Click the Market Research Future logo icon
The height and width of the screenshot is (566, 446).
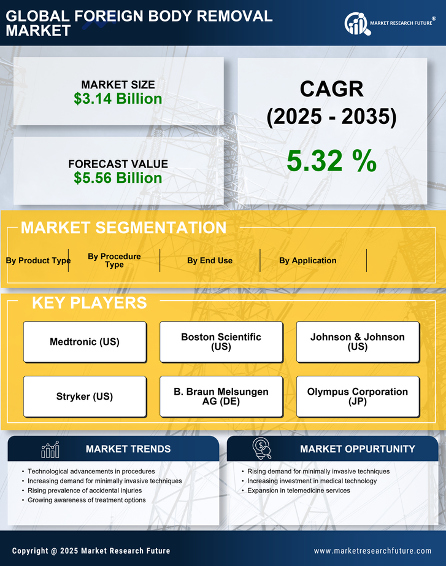click(x=356, y=23)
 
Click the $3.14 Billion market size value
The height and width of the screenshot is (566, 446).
click(x=118, y=99)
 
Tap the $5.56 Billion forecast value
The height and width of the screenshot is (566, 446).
click(x=118, y=178)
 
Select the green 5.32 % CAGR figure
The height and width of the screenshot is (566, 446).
click(x=331, y=161)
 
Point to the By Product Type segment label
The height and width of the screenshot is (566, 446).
click(x=38, y=260)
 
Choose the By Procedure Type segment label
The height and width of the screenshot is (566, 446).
click(x=114, y=260)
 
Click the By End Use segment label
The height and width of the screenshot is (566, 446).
click(x=210, y=260)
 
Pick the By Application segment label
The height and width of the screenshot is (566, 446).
click(x=307, y=260)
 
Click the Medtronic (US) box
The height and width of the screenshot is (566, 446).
click(x=85, y=342)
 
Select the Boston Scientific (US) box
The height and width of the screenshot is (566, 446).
click(x=221, y=342)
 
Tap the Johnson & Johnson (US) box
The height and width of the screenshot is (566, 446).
click(x=358, y=342)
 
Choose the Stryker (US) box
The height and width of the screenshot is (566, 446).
click(x=85, y=397)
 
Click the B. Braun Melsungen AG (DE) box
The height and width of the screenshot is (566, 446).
click(x=221, y=397)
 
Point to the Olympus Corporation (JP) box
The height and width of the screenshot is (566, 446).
click(x=358, y=397)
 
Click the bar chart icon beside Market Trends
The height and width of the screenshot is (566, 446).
click(x=50, y=449)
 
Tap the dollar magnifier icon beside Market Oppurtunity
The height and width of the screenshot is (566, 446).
click(x=262, y=449)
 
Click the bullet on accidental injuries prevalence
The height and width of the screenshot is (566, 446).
click(x=85, y=490)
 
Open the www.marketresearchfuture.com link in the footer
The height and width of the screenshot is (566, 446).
click(x=372, y=551)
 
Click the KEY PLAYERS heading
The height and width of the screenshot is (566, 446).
click(x=89, y=303)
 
